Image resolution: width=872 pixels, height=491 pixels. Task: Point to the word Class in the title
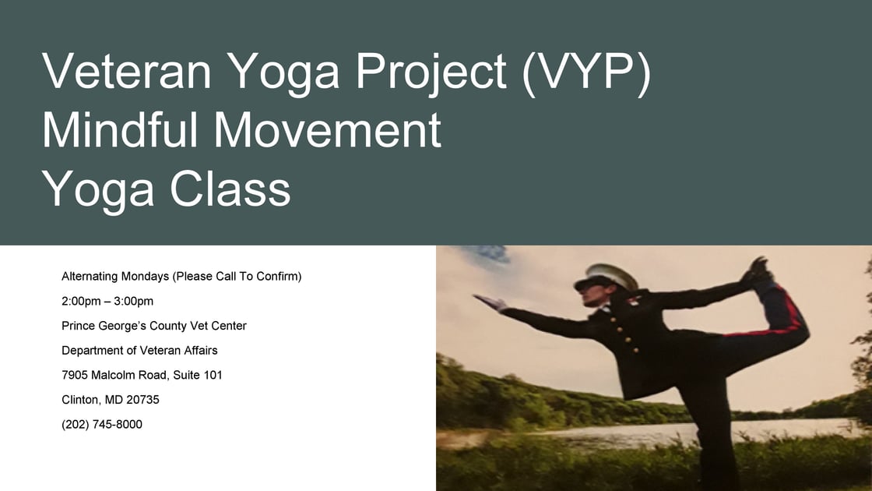pyautogui.click(x=230, y=188)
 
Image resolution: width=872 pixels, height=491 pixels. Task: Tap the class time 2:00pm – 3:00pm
pyautogui.click(x=107, y=301)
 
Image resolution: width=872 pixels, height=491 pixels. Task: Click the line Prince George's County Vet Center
pyautogui.click(x=154, y=326)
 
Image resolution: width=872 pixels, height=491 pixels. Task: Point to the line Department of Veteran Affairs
pyautogui.click(x=139, y=350)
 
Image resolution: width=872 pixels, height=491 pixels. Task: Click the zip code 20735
pyautogui.click(x=121, y=400)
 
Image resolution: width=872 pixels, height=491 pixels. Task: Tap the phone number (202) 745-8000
pyautogui.click(x=102, y=425)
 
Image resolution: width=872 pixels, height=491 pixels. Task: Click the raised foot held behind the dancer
pyautogui.click(x=758, y=270)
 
